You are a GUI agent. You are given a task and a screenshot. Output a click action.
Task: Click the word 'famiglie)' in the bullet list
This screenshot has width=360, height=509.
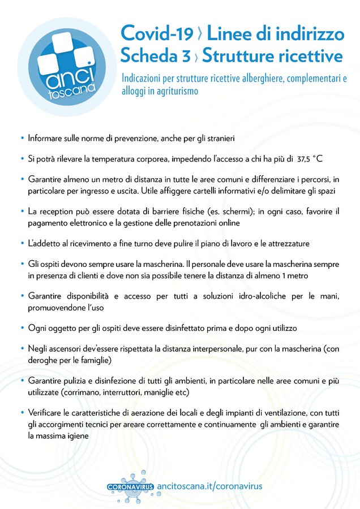click(95, 360)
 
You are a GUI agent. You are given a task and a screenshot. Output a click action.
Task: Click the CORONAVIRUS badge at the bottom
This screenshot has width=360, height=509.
click(130, 486)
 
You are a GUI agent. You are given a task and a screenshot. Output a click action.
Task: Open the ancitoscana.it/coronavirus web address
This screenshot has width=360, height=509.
click(209, 486)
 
